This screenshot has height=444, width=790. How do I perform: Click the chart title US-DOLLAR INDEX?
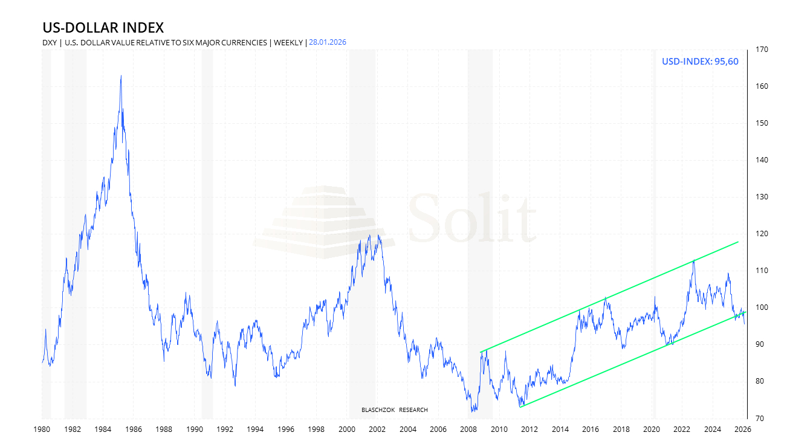(x=103, y=28)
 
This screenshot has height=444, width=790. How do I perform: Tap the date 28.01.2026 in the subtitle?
(x=328, y=42)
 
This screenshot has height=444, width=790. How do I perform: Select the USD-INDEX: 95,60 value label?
(x=700, y=62)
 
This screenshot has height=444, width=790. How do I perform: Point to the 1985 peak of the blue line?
(x=121, y=76)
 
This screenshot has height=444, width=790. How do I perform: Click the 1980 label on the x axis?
(x=42, y=430)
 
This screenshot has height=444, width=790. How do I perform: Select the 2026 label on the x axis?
(x=743, y=430)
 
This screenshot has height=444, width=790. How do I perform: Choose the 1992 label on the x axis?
(x=225, y=430)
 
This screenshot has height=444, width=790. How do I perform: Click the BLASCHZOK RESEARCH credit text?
(x=394, y=410)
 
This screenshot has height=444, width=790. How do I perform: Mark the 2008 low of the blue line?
(x=472, y=411)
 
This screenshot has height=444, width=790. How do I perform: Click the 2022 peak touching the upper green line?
(x=693, y=260)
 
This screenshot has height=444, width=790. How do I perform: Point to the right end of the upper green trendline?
(x=739, y=242)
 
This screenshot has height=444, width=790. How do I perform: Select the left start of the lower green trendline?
(x=520, y=407)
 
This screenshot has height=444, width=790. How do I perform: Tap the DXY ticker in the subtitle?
(x=50, y=42)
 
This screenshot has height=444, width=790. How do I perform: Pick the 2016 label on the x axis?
(x=591, y=430)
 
